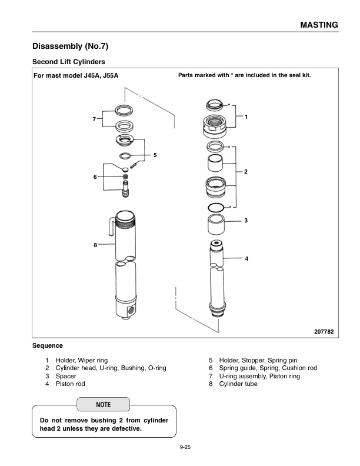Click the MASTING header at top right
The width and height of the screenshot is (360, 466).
point(319,25)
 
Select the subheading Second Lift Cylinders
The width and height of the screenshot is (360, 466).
point(68,61)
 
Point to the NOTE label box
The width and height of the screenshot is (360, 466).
point(103,405)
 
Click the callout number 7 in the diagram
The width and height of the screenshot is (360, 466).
point(94,119)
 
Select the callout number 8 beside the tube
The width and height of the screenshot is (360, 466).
point(96,244)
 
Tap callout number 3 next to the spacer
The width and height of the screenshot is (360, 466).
point(246,221)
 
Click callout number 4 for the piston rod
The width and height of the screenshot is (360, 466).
point(246,259)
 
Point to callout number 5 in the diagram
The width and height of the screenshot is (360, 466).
point(155,155)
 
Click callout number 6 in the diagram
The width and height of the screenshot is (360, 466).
point(95,177)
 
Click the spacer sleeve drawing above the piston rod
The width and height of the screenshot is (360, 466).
point(218,225)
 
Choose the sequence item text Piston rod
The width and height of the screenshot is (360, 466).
point(71,384)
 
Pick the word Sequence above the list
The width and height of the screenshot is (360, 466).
point(47,345)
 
